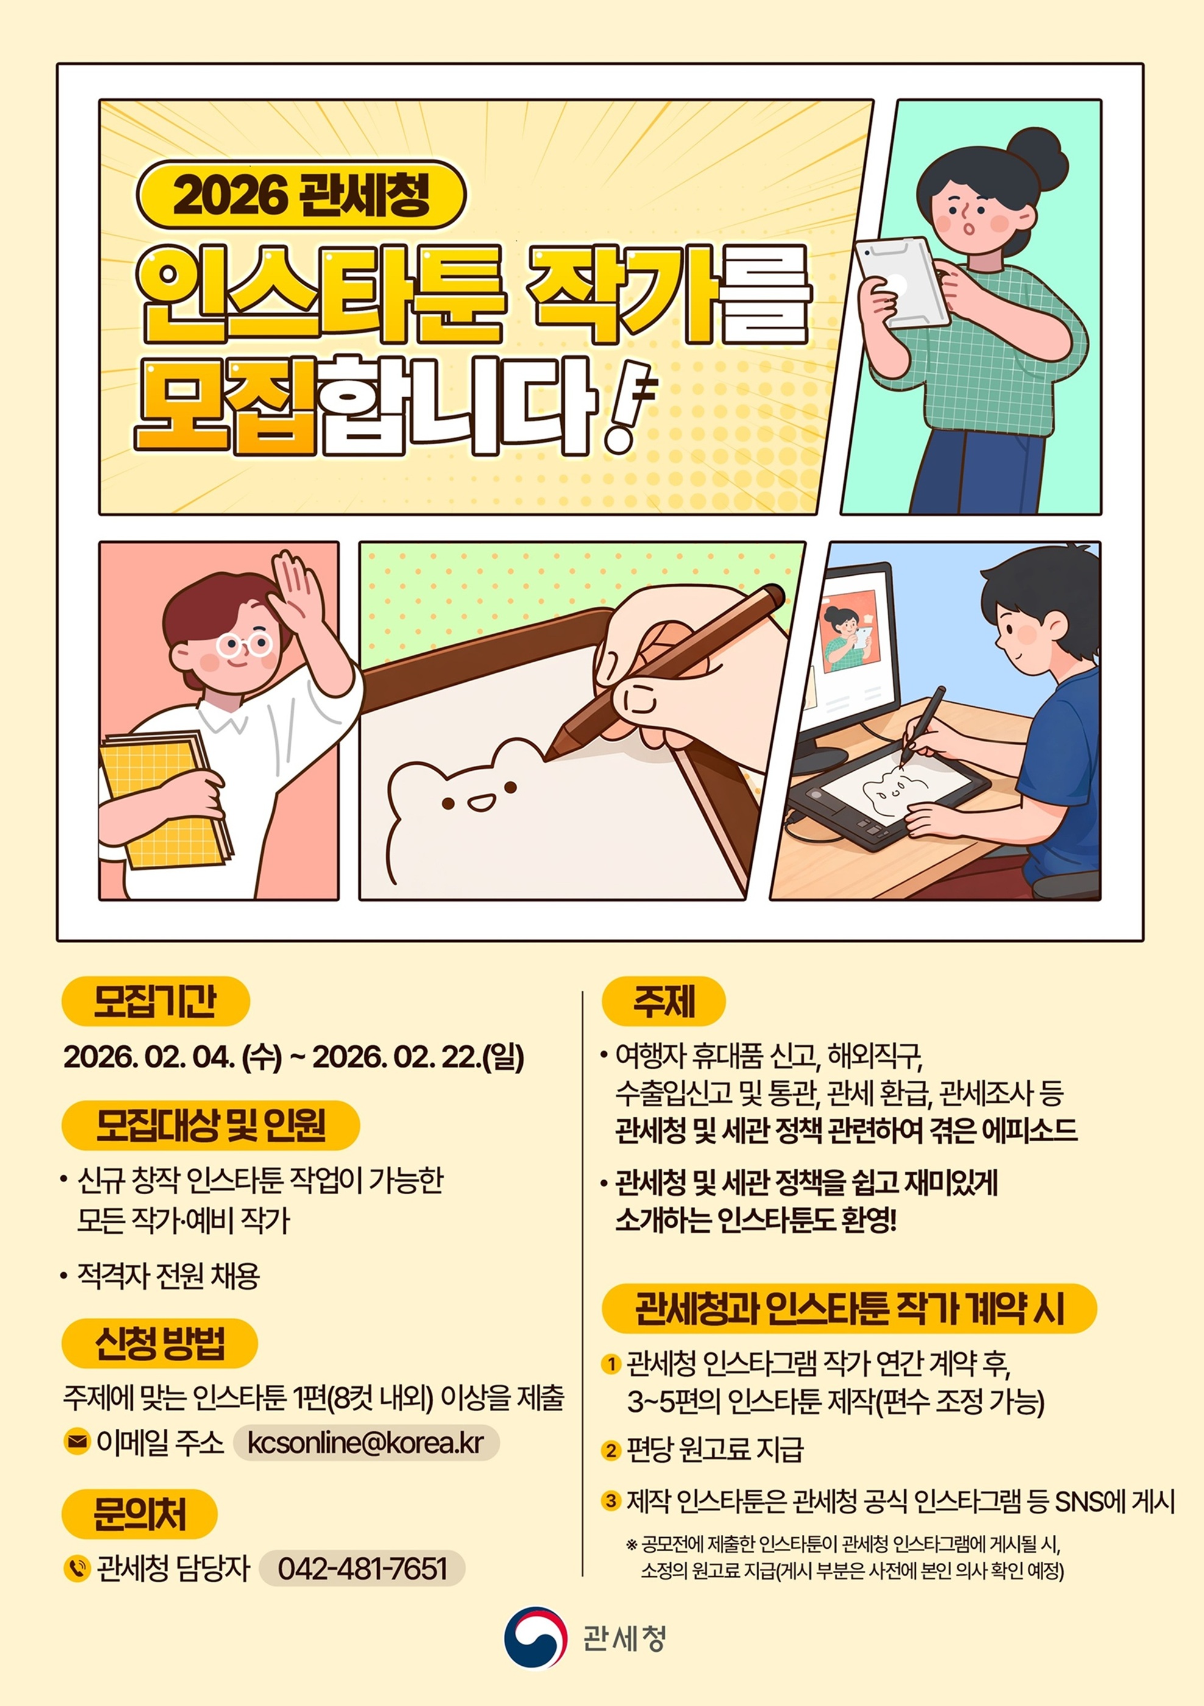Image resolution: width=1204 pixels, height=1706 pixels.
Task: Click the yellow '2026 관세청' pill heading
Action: pos(301,195)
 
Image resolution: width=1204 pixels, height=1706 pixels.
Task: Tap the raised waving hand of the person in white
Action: pos(297,587)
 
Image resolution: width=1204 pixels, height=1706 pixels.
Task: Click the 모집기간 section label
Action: pos(155,1001)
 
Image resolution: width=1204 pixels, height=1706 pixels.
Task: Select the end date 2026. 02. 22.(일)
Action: pos(419,1057)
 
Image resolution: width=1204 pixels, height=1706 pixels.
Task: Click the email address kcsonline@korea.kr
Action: pos(366,1442)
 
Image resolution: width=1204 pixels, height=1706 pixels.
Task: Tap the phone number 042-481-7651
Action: pos(363,1568)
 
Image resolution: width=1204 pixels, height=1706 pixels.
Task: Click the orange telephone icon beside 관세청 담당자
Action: pos(77,1568)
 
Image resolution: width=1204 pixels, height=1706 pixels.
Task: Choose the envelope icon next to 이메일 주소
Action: pos(77,1442)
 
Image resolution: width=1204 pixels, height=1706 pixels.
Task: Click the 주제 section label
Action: pos(663,1001)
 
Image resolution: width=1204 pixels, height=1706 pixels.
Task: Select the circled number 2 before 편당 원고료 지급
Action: pos(611,1450)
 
